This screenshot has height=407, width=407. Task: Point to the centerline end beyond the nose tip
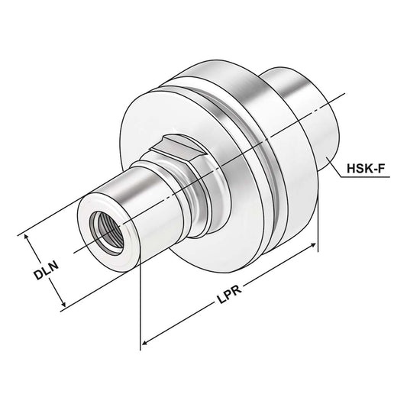click(76, 252)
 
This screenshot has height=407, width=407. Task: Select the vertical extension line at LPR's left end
click(141, 305)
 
